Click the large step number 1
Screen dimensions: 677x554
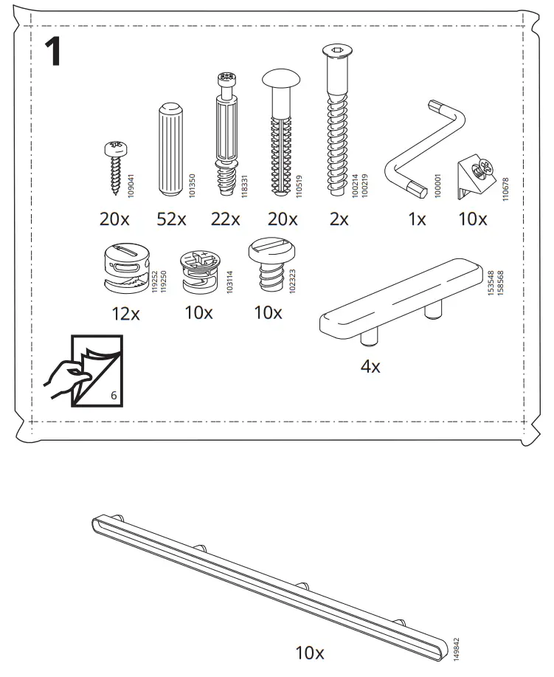point(52,52)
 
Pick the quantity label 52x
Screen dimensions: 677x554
point(172,219)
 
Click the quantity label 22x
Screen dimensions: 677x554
point(225,219)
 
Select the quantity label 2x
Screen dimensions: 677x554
point(339,219)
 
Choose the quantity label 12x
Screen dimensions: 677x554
point(125,313)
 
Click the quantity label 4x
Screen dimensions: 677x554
point(370,366)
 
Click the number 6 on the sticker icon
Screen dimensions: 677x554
point(113,395)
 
